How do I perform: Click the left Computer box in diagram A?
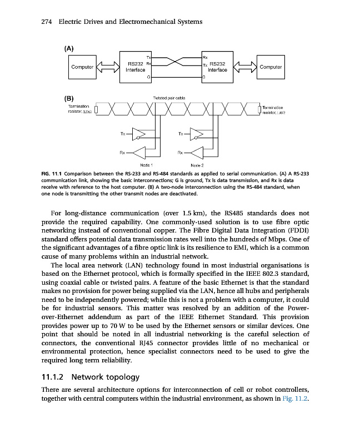point(81,67)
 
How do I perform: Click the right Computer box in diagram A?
point(271,67)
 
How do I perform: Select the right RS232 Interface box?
point(217,67)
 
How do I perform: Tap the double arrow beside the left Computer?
point(108,67)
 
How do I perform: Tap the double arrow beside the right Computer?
point(244,67)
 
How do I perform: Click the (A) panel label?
point(69,48)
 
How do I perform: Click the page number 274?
point(47,22)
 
